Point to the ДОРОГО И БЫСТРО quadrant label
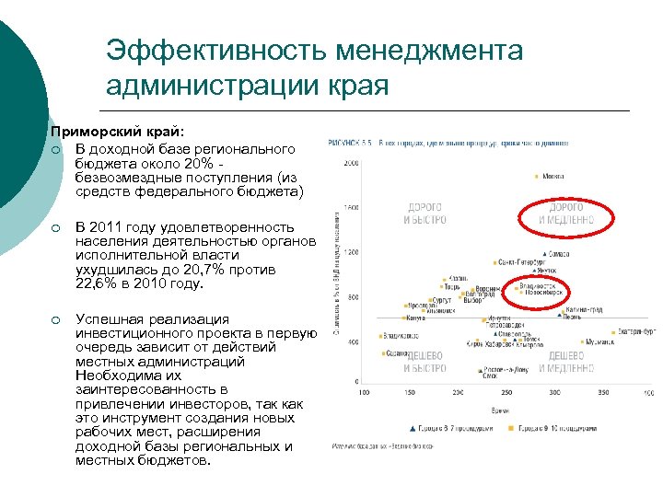point(425,214)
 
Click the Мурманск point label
point(599,341)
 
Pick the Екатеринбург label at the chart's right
point(636,332)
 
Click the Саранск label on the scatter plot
point(398,353)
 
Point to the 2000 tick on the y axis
point(351,164)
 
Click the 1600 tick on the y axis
point(351,207)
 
